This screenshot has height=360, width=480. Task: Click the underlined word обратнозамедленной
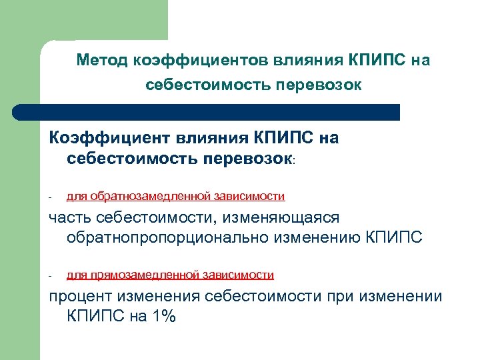point(144,196)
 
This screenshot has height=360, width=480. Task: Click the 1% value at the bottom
point(163,317)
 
